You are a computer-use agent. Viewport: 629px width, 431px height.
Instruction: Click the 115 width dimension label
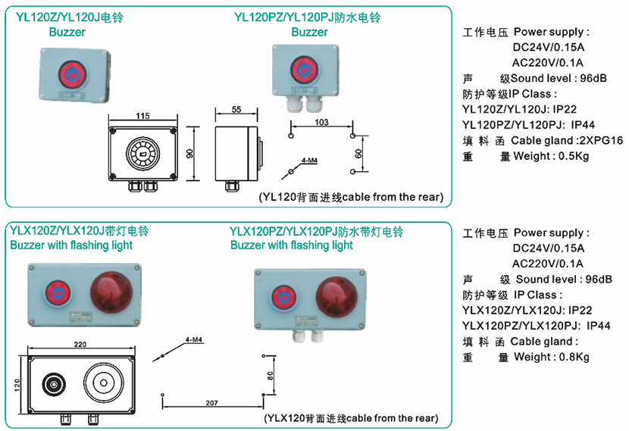142,116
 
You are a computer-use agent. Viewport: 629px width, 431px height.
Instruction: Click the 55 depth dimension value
236,110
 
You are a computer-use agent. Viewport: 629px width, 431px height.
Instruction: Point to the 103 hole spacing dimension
321,121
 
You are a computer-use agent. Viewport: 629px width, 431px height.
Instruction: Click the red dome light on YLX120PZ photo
334,295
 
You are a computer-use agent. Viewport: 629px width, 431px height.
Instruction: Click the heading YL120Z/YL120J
67,15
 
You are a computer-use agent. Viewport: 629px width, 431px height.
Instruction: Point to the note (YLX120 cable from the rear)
351,418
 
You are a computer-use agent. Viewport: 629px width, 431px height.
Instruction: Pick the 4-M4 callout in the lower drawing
193,342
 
